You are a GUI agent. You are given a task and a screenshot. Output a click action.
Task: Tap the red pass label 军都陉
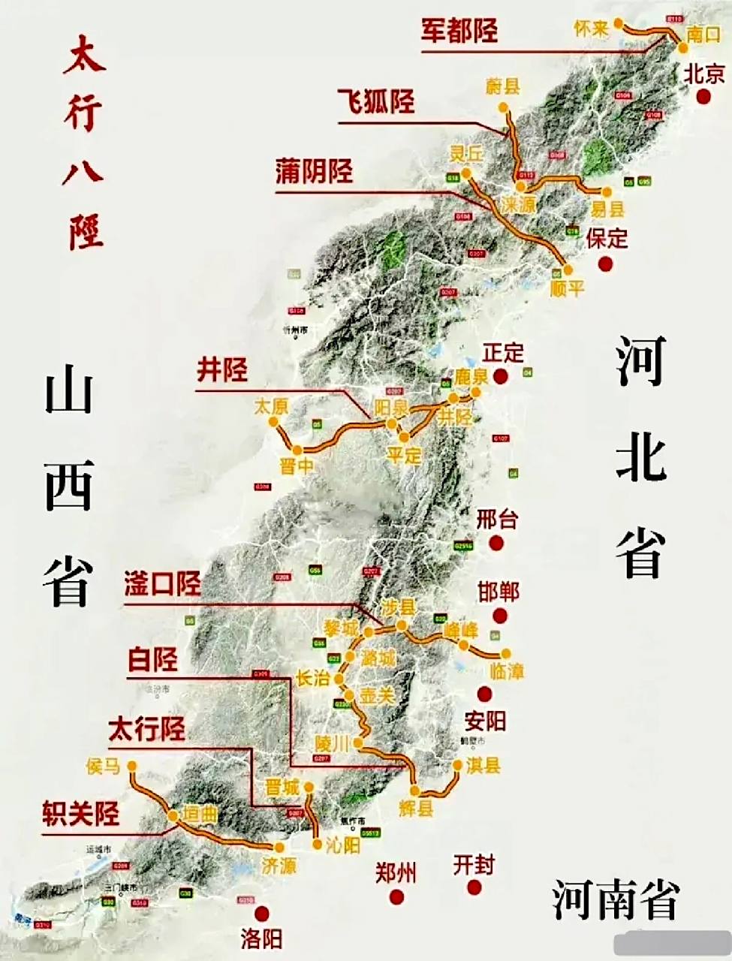pyautogui.click(x=459, y=31)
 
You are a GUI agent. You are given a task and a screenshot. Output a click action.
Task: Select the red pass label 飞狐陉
pyautogui.click(x=375, y=101)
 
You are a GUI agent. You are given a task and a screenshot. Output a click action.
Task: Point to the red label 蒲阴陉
pyautogui.click(x=314, y=172)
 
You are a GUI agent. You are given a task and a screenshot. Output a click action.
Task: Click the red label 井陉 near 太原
pyautogui.click(x=221, y=370)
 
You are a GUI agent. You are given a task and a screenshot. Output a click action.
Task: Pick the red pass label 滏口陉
pyautogui.click(x=163, y=584)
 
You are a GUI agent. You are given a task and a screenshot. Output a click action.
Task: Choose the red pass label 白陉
pyautogui.click(x=153, y=660)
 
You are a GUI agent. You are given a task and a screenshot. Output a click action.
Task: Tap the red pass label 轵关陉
pyautogui.click(x=80, y=815)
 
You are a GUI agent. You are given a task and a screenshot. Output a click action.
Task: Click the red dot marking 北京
pyautogui.click(x=703, y=96)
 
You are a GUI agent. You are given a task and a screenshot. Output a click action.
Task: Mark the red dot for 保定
pyautogui.click(x=605, y=264)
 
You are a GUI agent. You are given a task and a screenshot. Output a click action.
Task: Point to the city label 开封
pyautogui.click(x=474, y=865)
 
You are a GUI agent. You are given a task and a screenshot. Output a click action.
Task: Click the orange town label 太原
pyautogui.click(x=271, y=407)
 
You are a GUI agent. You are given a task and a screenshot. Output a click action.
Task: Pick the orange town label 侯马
pyautogui.click(x=104, y=767)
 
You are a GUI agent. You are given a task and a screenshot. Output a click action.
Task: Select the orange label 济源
pyautogui.click(x=279, y=866)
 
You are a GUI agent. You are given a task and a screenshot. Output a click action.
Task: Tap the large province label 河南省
pyautogui.click(x=616, y=899)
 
